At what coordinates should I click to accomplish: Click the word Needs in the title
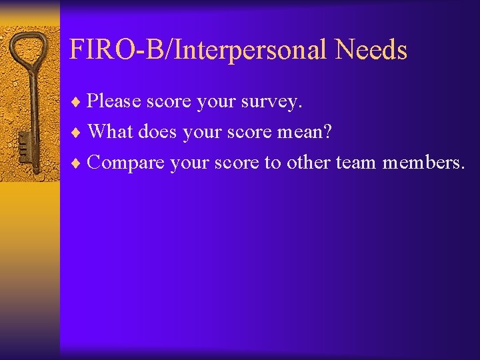371,50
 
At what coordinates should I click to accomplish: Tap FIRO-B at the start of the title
110,50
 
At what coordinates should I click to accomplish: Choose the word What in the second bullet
110,131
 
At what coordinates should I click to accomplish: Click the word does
159,131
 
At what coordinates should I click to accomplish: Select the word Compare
125,162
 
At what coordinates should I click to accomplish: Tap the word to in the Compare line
272,162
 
